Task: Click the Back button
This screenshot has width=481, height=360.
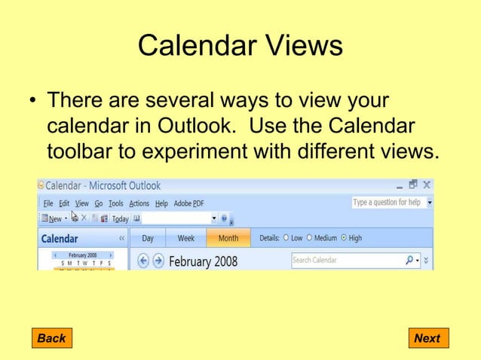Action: click(51, 338)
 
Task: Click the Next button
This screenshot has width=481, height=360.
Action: click(427, 338)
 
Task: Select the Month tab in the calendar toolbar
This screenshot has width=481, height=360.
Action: click(228, 238)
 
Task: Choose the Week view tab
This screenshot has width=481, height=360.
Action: click(185, 238)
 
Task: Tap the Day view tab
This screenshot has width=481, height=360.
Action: click(148, 238)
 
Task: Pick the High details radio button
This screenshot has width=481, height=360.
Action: click(345, 238)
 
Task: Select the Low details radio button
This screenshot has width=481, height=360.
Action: click(286, 238)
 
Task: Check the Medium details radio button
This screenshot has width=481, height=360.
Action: click(310, 238)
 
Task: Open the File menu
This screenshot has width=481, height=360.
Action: click(47, 203)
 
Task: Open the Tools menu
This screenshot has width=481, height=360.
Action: click(115, 203)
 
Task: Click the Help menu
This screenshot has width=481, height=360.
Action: click(161, 203)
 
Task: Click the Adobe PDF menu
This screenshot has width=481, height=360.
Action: click(189, 203)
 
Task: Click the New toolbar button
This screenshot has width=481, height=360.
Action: click(54, 219)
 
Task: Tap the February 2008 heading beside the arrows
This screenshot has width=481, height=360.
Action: click(203, 261)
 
